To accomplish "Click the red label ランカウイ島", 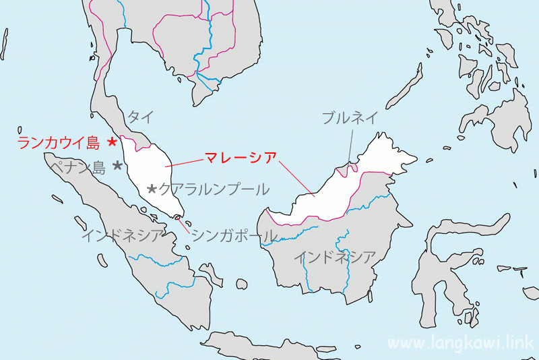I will tap(59, 142).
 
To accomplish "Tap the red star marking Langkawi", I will tap(113, 142).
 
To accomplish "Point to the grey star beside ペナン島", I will tap(117, 165).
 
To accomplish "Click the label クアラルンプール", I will tap(214, 189).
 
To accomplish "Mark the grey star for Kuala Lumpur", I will tap(152, 189).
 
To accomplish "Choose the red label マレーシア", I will tap(241, 158).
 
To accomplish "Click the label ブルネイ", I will tap(350, 118).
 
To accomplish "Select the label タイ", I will tap(140, 117).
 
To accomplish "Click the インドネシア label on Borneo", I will tap(335, 257).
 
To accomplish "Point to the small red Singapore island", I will tap(177, 218).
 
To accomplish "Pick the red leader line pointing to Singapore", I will tap(185, 226).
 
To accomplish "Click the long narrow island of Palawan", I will tap(408, 88).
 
